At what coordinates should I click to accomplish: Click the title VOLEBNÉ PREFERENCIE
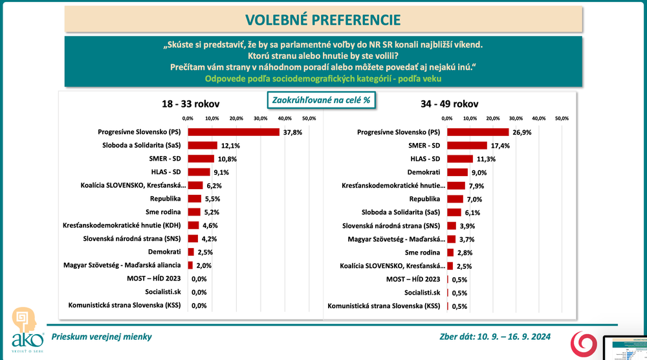(x=323, y=19)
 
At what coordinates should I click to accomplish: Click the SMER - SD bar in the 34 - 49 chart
(x=466, y=145)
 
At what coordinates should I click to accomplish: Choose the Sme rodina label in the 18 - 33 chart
(x=166, y=212)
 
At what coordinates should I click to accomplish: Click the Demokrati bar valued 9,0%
(x=457, y=172)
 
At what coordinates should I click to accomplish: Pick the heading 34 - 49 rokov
(x=453, y=104)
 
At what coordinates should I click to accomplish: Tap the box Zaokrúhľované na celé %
(x=322, y=100)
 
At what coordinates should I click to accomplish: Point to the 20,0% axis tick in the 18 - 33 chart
(x=236, y=118)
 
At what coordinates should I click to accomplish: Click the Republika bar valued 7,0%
(x=455, y=199)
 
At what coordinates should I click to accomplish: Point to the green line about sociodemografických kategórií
(x=323, y=78)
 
